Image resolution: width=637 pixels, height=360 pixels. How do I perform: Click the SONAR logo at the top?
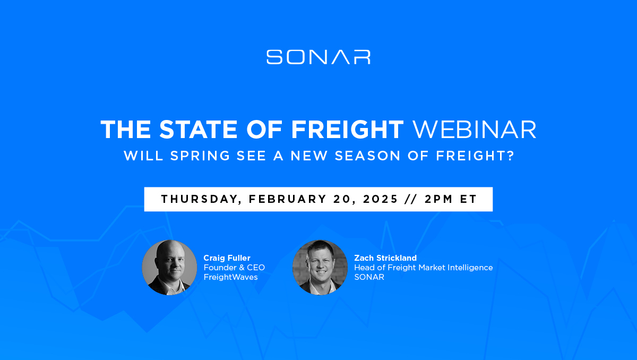click(318, 57)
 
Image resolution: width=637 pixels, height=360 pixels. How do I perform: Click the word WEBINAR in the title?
click(475, 130)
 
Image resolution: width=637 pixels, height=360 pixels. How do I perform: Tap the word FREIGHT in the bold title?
click(348, 130)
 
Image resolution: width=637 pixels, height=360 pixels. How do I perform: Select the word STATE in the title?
click(198, 130)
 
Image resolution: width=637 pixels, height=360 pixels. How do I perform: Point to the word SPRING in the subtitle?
click(200, 156)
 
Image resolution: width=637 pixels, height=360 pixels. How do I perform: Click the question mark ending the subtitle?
click(511, 156)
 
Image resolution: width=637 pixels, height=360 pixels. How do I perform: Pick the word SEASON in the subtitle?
click(367, 156)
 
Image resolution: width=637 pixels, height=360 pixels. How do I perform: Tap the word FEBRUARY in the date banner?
click(288, 199)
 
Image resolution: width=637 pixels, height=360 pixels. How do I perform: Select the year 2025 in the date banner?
click(381, 199)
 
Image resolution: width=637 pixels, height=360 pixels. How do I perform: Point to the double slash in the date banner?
click(411, 199)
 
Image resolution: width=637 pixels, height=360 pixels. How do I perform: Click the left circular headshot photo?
click(169, 267)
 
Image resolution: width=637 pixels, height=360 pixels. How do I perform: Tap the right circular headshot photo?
click(320, 267)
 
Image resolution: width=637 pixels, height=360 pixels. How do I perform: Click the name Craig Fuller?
click(227, 258)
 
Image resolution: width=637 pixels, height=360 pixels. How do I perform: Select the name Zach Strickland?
click(385, 258)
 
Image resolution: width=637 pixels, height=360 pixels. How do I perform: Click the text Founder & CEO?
click(234, 268)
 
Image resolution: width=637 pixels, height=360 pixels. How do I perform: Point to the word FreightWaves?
click(230, 277)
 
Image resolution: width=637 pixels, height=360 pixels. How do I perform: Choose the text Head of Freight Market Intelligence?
click(424, 268)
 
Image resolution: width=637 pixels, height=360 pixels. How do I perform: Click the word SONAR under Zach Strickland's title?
click(369, 277)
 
